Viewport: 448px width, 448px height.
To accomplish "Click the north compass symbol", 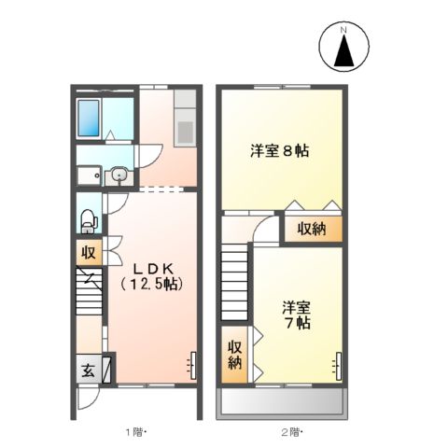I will pyautogui.click(x=343, y=48).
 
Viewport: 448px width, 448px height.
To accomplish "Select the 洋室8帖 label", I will pyautogui.click(x=280, y=149).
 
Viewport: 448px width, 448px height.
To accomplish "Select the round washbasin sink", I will pyautogui.click(x=119, y=174).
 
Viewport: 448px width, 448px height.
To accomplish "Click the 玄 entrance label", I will pyautogui.click(x=86, y=368).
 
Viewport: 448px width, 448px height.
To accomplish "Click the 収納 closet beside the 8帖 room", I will pyautogui.click(x=312, y=228).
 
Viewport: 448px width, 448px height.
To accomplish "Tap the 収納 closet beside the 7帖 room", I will pyautogui.click(x=234, y=354).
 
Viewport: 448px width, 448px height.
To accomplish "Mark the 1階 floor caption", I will pyautogui.click(x=136, y=431).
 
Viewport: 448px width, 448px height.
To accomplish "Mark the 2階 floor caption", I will pyautogui.click(x=292, y=431).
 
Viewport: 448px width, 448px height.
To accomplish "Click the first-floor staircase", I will pyautogui.click(x=91, y=299).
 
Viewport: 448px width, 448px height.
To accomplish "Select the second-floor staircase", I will pyautogui.click(x=236, y=280).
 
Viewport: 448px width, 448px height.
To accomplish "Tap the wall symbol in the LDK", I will pyautogui.click(x=193, y=360).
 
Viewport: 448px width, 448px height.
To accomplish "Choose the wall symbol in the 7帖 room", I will pyautogui.click(x=340, y=364).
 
